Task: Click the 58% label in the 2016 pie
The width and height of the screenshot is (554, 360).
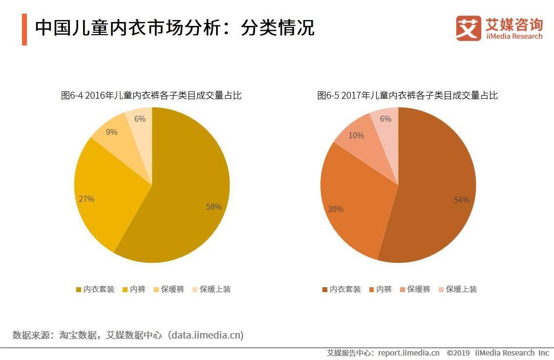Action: point(213,207)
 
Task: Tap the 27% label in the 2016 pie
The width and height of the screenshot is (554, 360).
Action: point(86,199)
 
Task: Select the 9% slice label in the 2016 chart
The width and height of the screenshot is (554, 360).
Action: point(111,132)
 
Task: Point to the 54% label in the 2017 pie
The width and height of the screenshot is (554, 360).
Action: point(461,200)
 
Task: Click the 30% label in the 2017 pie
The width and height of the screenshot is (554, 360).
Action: point(335,209)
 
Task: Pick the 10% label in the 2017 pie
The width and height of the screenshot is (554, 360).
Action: point(356,135)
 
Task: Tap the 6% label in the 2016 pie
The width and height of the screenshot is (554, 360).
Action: point(140,119)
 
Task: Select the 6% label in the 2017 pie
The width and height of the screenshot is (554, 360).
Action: point(385,119)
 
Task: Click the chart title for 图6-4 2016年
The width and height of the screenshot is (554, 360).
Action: point(151,95)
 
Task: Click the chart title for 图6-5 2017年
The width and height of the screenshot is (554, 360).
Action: point(407,95)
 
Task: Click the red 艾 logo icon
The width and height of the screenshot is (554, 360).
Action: point(468,28)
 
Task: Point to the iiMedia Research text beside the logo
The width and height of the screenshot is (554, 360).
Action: point(513,36)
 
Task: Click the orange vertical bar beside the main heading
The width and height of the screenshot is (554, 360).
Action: point(24,29)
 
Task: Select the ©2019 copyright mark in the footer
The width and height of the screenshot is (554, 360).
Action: point(458,353)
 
